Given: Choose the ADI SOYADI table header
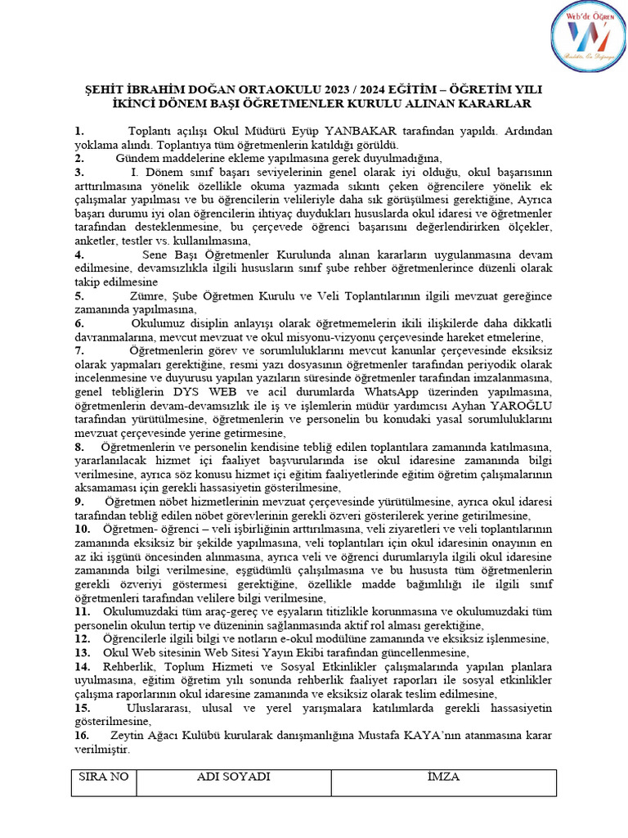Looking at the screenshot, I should pos(234,777).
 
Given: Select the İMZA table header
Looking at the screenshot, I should pos(443,777).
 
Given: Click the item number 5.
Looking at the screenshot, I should pos(78,296).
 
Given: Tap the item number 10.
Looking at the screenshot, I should pos(82,529).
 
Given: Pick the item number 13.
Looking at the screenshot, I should pos(82,652).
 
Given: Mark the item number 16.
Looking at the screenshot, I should pos(82,734).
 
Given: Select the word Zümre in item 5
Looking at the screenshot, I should pos(148,296).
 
